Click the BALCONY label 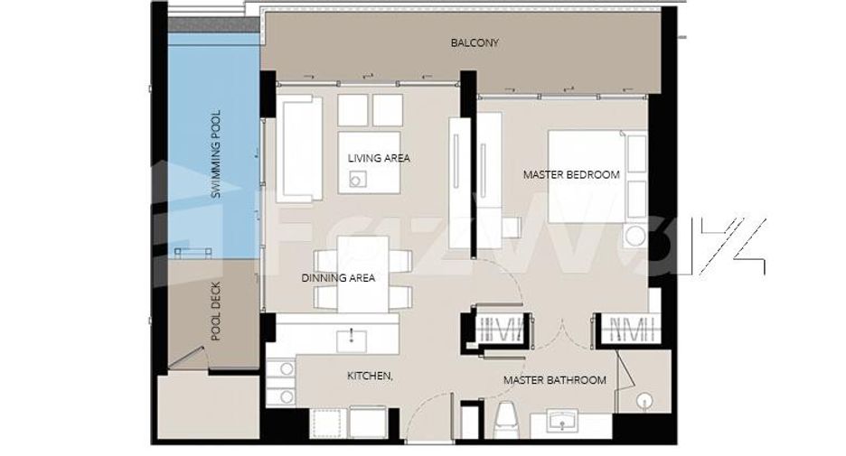tap(475, 42)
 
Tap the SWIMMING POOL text tap(216, 154)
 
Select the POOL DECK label tap(216, 311)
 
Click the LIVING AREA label tap(379, 158)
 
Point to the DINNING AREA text tap(338, 278)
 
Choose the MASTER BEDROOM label tap(571, 174)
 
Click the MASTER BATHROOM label tap(555, 380)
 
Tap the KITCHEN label tap(370, 376)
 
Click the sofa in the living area tap(300, 148)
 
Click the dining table tap(362, 275)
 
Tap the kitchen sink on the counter tap(352, 340)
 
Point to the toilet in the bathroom tap(507, 421)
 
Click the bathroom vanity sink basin tap(563, 421)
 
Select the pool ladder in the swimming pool tap(193, 252)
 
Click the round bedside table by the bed tap(635, 236)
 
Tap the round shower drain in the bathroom tap(644, 401)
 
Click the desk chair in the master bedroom tap(512, 227)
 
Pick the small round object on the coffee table tap(355, 181)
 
